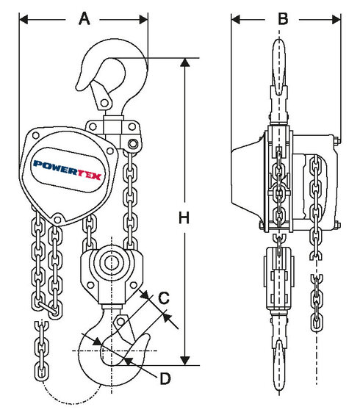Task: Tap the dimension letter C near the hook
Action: click(165, 298)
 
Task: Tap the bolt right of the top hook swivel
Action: click(133, 143)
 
